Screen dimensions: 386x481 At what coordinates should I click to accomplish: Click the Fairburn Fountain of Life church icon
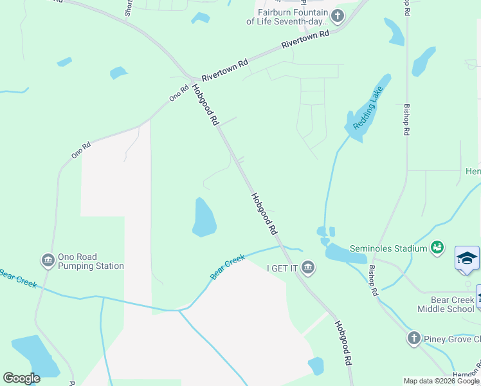pos(337,15)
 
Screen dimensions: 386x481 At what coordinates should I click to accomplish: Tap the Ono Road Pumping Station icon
pos(48,261)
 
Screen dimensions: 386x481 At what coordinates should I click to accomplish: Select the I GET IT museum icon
pos(308,267)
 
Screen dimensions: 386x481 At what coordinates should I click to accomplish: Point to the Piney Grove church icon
pos(413,338)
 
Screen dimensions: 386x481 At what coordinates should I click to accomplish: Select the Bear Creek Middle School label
pos(443,304)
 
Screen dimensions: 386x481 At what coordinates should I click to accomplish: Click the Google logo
pos(22,378)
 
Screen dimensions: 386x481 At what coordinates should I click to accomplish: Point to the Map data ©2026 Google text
pos(440,381)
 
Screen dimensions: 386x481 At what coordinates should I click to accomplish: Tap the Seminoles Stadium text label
pos(388,248)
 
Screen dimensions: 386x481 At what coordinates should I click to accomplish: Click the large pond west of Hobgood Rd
pos(204,217)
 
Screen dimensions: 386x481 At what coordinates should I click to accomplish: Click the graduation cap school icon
pos(467,259)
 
